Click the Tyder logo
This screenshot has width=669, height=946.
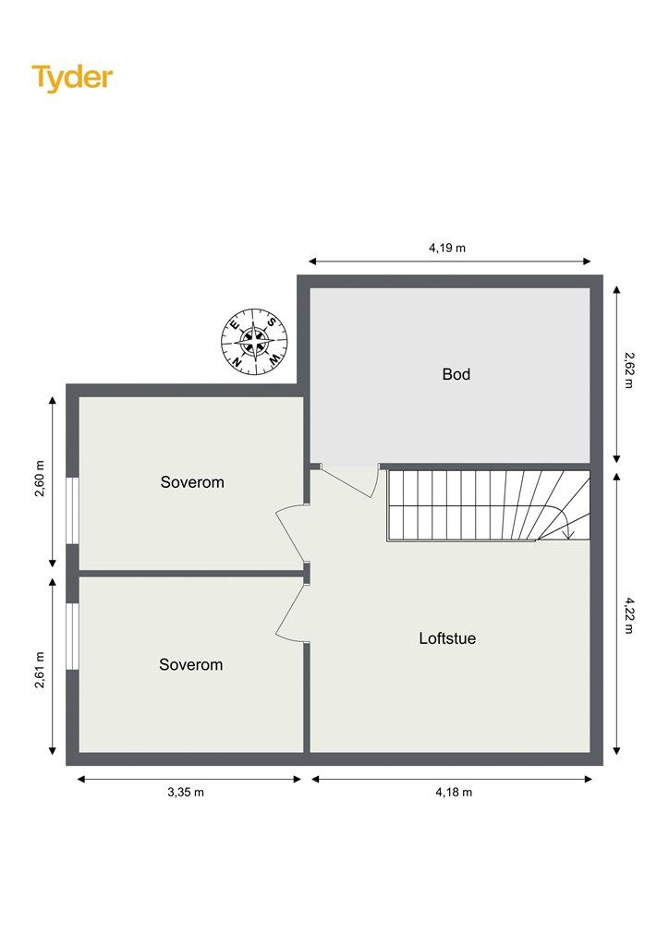click(x=72, y=79)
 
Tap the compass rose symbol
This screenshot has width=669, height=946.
click(x=254, y=342)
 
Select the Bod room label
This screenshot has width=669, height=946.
click(x=456, y=374)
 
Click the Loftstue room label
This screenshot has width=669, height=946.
click(x=447, y=638)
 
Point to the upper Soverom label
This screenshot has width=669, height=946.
click(x=192, y=482)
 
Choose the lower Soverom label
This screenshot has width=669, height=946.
click(x=191, y=664)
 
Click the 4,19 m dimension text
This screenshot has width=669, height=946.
click(x=447, y=248)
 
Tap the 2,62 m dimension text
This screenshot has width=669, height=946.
click(x=628, y=370)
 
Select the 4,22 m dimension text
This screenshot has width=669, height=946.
click(x=628, y=615)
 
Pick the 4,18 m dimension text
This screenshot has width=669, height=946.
click(x=454, y=792)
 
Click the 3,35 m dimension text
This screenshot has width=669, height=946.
click(x=186, y=792)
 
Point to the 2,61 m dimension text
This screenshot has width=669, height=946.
click(x=40, y=670)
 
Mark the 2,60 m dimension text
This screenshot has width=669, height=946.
click(x=40, y=479)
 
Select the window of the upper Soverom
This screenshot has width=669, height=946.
click(x=72, y=510)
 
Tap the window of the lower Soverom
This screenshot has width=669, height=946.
click(x=72, y=636)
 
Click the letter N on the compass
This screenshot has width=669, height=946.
click(x=237, y=361)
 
